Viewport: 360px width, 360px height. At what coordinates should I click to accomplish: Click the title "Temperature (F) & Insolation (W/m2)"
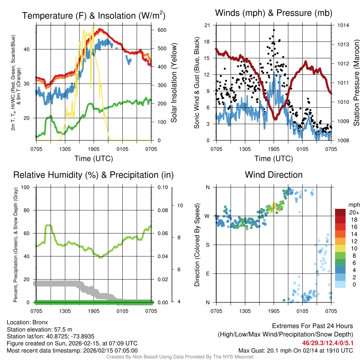coord(94,15)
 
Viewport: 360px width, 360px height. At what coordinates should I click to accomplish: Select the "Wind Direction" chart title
coord(274,175)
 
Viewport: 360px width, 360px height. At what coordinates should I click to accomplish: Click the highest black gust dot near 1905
coord(274,30)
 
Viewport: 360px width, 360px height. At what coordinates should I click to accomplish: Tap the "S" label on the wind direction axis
coord(207,245)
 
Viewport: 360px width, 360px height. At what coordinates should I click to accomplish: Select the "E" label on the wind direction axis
coord(207,274)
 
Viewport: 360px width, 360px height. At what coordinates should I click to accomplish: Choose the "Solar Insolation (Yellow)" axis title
coord(174,83)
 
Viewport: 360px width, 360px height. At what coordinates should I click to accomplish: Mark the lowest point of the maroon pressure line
coord(276,119)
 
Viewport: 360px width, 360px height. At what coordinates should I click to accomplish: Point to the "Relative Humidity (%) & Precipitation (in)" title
coord(93,175)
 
